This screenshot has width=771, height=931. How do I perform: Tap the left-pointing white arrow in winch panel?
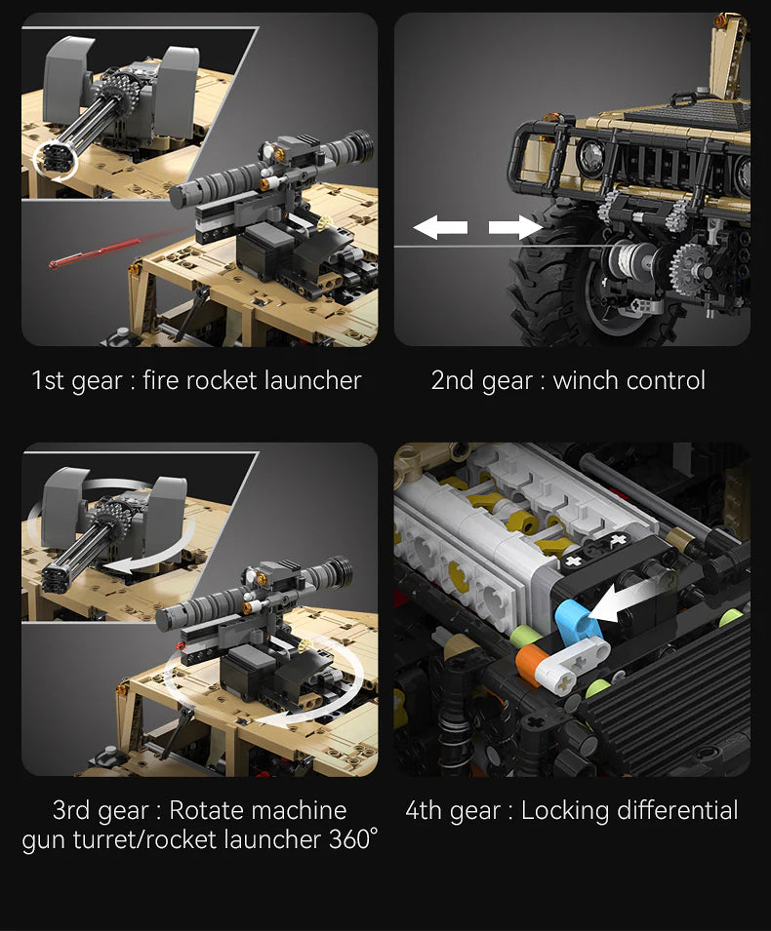[440, 228]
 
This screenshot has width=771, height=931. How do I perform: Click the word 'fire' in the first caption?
[162, 380]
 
